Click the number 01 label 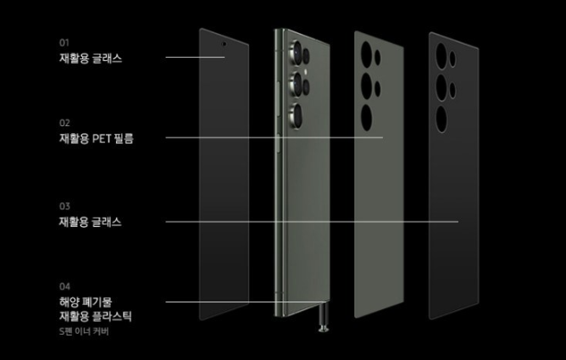tap(64, 42)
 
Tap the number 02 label tap(64, 122)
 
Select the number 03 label tap(64, 206)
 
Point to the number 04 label tap(64, 285)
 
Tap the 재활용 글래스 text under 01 tap(90, 58)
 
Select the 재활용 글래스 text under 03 tap(90, 222)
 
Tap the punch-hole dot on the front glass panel tap(224, 42)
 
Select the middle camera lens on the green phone tap(297, 84)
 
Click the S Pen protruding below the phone tap(321, 325)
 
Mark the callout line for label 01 tap(195, 58)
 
